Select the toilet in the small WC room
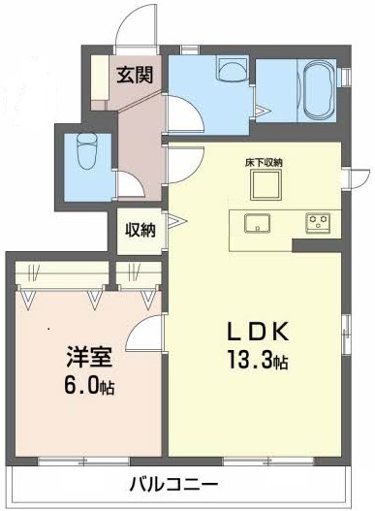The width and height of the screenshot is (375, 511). click(x=83, y=151)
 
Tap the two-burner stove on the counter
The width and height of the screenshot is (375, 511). click(x=317, y=223)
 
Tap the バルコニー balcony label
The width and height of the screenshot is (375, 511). click(x=175, y=485)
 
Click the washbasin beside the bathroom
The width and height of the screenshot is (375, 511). click(x=232, y=70)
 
